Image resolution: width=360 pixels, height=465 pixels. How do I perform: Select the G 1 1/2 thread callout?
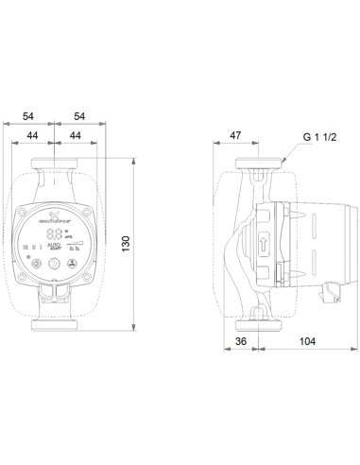tap(318, 137)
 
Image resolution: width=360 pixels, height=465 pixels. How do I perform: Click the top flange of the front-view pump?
tap(57, 166)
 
